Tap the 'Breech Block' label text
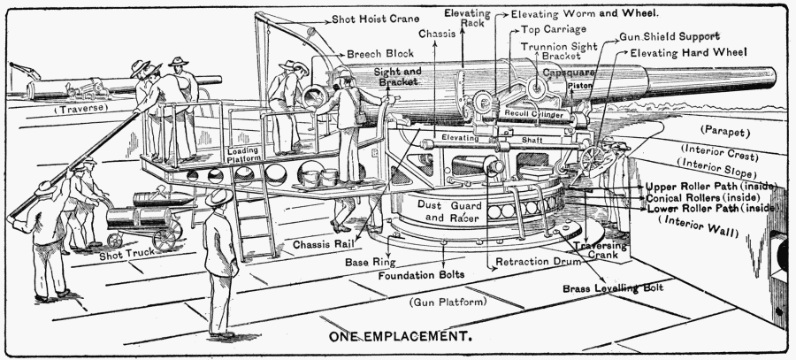tap(379, 53)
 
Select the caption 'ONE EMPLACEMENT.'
tap(399, 337)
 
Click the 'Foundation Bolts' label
tap(421, 275)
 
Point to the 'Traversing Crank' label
tap(599, 251)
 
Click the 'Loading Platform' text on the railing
tap(243, 155)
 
